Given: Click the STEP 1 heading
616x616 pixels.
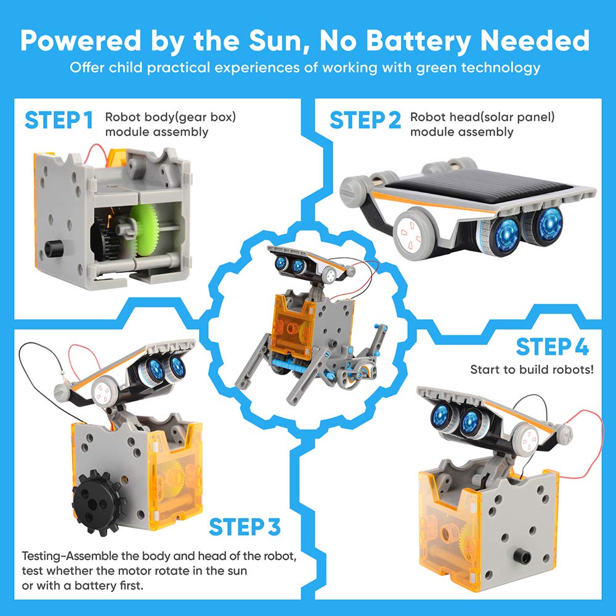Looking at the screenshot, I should pyautogui.click(x=59, y=120).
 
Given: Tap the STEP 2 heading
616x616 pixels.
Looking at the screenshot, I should pyautogui.click(x=365, y=120).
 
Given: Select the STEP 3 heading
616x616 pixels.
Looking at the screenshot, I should pyautogui.click(x=245, y=527).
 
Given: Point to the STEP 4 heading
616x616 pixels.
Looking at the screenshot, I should pyautogui.click(x=552, y=347).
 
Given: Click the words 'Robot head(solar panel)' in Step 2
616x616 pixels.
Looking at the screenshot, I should pyautogui.click(x=483, y=116).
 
